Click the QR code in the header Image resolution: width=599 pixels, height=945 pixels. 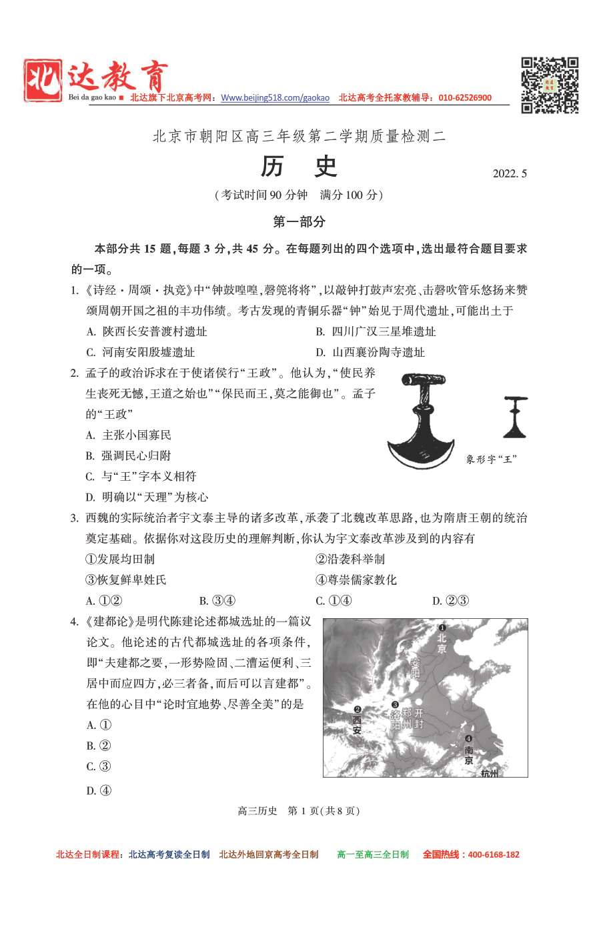tap(549, 85)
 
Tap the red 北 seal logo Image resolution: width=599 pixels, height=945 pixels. tap(43, 81)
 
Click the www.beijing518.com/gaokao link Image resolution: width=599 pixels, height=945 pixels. tap(275, 98)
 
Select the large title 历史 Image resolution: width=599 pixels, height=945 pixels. tap(299, 167)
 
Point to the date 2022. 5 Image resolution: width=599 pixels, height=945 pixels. tap(510, 174)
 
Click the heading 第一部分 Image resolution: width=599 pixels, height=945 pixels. tap(299, 222)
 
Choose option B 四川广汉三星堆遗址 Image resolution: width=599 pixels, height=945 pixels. tap(376, 331)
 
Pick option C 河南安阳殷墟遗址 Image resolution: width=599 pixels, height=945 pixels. tap(141, 352)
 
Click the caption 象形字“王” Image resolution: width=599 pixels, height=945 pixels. tap(492, 459)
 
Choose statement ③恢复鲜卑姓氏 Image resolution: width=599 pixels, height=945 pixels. tap(126, 580)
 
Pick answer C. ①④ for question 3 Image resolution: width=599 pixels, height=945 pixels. tap(334, 601)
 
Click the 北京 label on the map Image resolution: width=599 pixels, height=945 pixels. tap(442, 642)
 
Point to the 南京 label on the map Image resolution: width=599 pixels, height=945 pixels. tap(469, 755)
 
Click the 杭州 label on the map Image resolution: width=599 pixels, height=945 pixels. tap(489, 773)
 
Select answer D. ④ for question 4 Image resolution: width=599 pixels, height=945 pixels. tap(99, 791)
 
